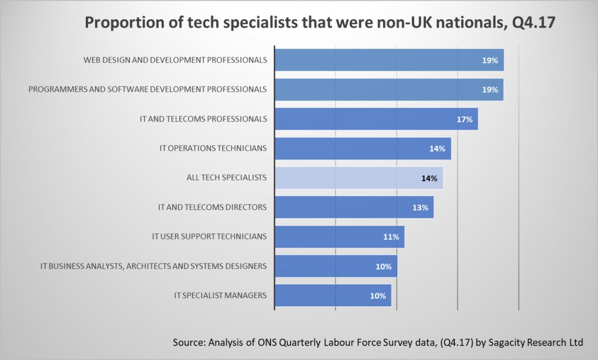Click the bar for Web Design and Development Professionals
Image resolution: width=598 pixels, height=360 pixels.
[x=389, y=60]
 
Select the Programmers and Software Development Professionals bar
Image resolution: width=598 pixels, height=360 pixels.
[x=389, y=89]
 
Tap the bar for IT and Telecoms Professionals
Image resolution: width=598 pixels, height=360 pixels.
[x=376, y=119]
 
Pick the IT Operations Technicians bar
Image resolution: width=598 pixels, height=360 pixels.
[x=363, y=148]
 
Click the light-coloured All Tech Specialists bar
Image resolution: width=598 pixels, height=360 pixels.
[x=359, y=178]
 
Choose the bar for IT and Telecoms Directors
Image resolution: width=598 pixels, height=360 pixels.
[x=354, y=207]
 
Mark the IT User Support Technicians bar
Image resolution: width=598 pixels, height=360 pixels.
[x=339, y=237]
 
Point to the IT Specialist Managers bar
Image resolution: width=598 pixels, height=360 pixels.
[x=333, y=296]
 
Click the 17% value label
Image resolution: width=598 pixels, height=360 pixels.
[x=465, y=119]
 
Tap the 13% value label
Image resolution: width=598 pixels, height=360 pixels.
[x=420, y=207]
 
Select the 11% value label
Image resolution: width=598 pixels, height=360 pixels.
[x=391, y=237]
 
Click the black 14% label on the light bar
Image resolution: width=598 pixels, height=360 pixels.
[x=429, y=178]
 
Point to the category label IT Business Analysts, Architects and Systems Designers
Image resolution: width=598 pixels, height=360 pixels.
[x=154, y=266]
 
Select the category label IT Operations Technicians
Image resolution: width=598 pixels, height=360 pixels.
[x=213, y=148]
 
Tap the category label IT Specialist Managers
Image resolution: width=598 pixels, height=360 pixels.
[x=221, y=296]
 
